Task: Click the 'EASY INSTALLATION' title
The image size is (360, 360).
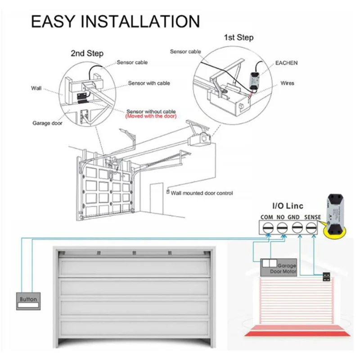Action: click(115, 21)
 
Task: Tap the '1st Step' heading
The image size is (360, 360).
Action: click(238, 37)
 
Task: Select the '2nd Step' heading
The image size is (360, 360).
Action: click(87, 53)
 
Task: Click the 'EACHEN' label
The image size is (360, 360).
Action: click(286, 63)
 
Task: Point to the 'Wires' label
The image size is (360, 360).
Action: click(287, 83)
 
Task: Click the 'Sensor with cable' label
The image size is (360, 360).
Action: click(149, 83)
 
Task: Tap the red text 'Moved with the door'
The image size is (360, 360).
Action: click(151, 117)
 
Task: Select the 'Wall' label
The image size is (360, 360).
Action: click(36, 88)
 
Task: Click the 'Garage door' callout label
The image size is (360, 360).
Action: click(47, 123)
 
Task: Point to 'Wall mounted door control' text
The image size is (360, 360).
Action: click(202, 193)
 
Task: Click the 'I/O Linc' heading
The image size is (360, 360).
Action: click(288, 206)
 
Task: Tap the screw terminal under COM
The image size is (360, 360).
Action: click(268, 228)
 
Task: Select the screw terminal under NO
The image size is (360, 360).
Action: click(282, 228)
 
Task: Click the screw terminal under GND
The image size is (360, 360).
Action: click(297, 228)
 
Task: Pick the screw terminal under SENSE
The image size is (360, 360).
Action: click(311, 228)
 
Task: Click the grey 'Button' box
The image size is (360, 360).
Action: click(28, 301)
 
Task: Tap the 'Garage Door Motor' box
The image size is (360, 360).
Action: click(279, 267)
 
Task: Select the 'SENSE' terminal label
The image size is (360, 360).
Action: click(312, 217)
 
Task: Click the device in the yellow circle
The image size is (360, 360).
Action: click(335, 213)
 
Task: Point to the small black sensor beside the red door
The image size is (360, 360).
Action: click(326, 277)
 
